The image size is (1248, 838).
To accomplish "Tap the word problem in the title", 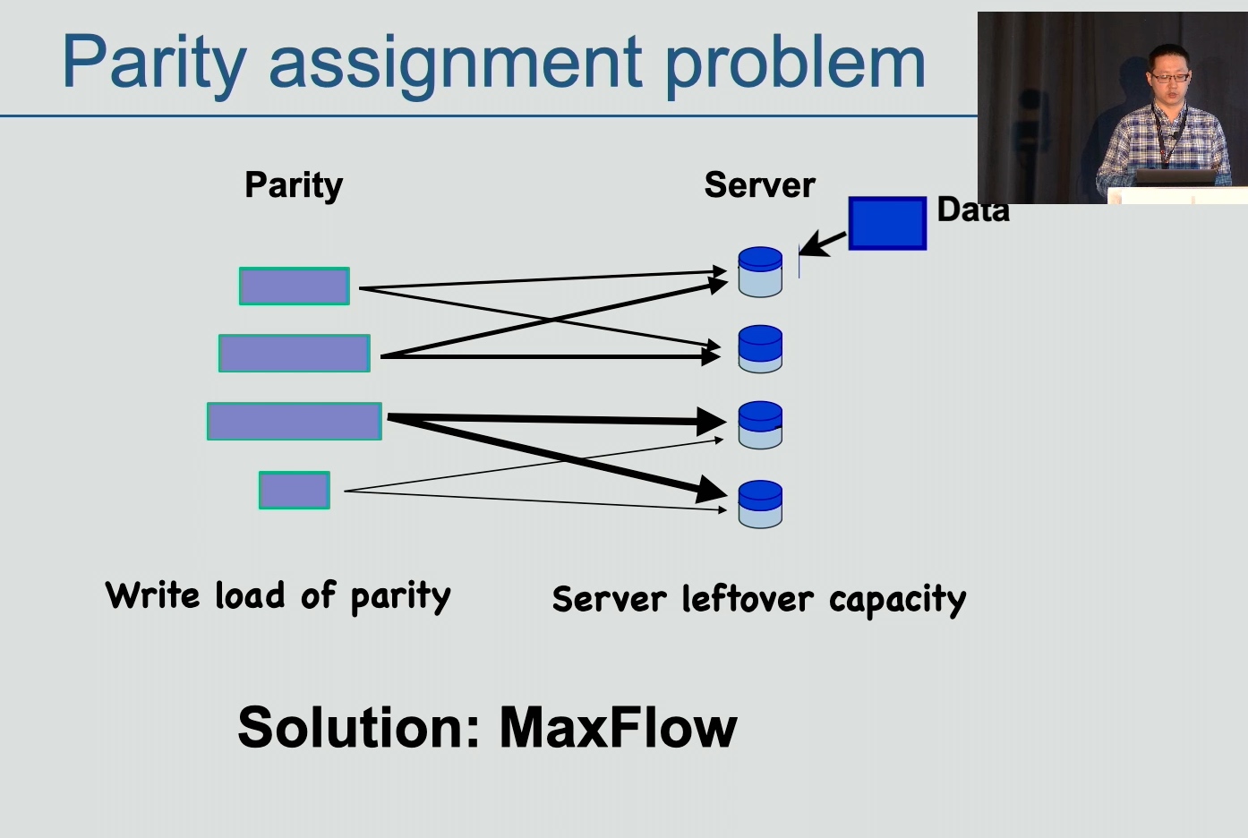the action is [x=795, y=63].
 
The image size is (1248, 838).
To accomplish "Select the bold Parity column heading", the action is [x=294, y=186].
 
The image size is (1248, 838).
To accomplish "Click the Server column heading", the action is [x=759, y=185].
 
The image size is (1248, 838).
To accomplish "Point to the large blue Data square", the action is [x=887, y=223].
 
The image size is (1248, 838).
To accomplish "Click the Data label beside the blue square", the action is [x=973, y=210].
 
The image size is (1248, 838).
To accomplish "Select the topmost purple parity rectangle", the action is [x=295, y=286].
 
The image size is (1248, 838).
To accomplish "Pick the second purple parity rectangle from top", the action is [x=295, y=354].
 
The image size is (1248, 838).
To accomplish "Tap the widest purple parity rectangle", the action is [x=295, y=421].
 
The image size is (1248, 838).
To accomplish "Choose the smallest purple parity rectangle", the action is [x=295, y=491].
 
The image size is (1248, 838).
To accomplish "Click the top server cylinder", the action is [x=760, y=272].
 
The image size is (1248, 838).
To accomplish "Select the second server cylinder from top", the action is [x=760, y=349].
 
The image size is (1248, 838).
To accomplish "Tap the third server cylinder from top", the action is [x=760, y=425].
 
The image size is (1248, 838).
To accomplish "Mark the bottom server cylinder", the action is [x=760, y=504].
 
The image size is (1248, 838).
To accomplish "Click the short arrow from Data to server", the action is [x=824, y=244].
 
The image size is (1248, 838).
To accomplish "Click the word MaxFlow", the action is [x=619, y=728].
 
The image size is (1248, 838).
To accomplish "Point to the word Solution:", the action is [x=359, y=728].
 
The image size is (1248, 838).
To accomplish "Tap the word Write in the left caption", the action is [x=152, y=595].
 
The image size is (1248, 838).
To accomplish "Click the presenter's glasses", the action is [x=1169, y=78].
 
